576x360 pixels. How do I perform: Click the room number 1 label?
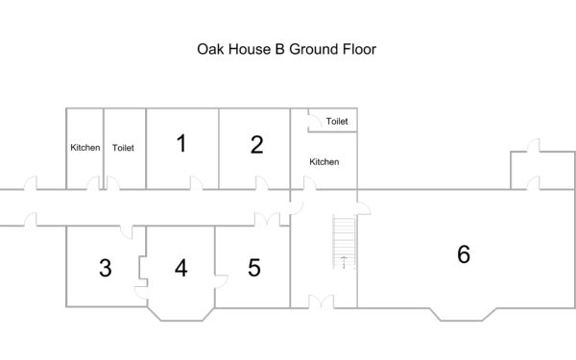tap(181, 143)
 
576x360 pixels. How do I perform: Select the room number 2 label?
tap(256, 145)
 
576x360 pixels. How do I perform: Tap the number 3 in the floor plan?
tap(106, 268)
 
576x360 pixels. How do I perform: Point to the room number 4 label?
tap(181, 268)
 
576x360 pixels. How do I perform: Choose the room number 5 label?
tap(254, 268)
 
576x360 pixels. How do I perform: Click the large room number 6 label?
tap(464, 253)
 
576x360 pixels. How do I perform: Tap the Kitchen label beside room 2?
tap(324, 162)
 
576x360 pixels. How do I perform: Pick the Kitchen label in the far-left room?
tap(84, 148)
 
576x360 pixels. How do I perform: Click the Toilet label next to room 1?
tap(123, 148)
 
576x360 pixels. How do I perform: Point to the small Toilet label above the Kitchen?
tap(337, 121)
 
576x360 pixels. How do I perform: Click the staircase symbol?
tap(345, 243)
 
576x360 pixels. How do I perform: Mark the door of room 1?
tap(196, 183)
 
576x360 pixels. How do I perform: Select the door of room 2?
tap(262, 183)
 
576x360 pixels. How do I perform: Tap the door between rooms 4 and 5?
tap(221, 281)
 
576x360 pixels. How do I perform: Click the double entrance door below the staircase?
tap(322, 301)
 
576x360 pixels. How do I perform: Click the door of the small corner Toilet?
tap(315, 122)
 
